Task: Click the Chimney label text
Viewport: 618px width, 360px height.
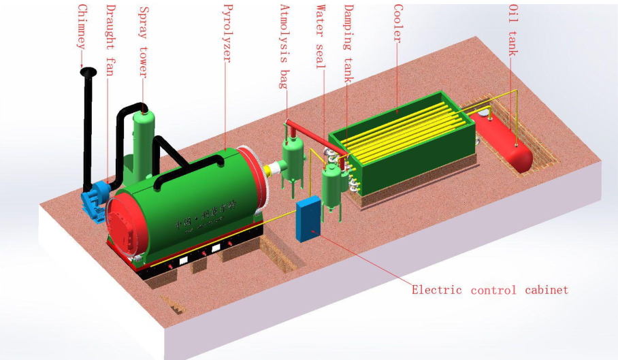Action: (82, 27)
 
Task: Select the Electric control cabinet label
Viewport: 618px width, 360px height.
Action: (489, 291)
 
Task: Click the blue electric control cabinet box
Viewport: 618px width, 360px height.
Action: (308, 218)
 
